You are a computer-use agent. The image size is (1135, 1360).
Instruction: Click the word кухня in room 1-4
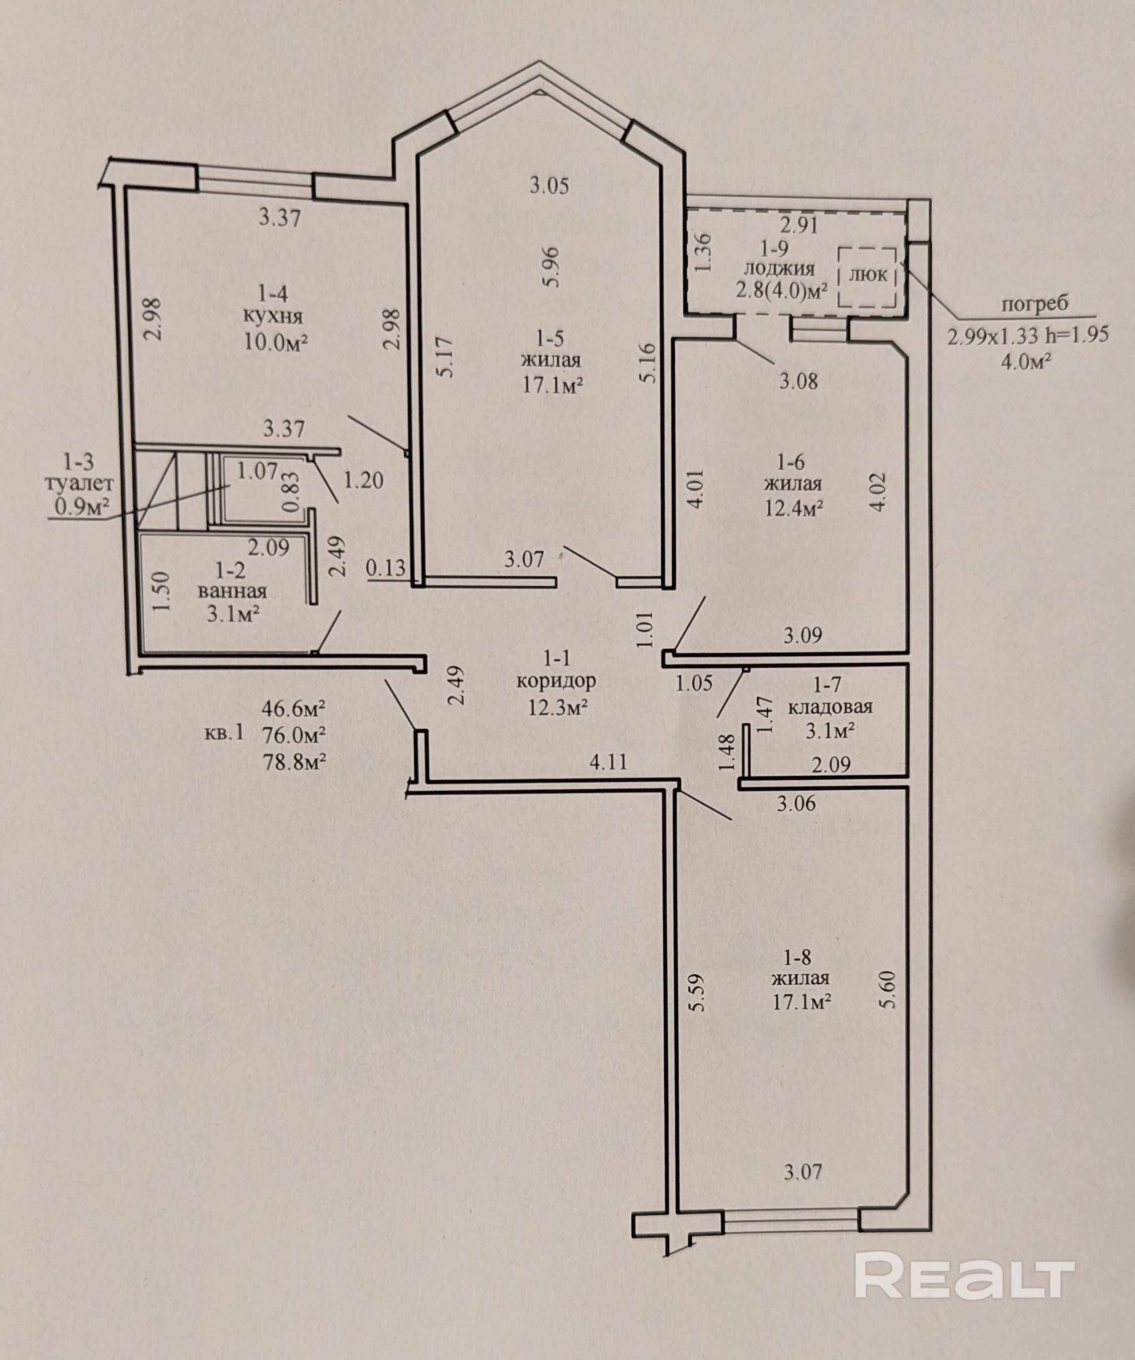[x=273, y=317]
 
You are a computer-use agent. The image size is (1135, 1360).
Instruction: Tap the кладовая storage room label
[x=830, y=706]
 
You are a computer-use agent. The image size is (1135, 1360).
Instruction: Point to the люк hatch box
[x=867, y=276]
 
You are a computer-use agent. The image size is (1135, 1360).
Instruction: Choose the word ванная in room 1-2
[x=232, y=591]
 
